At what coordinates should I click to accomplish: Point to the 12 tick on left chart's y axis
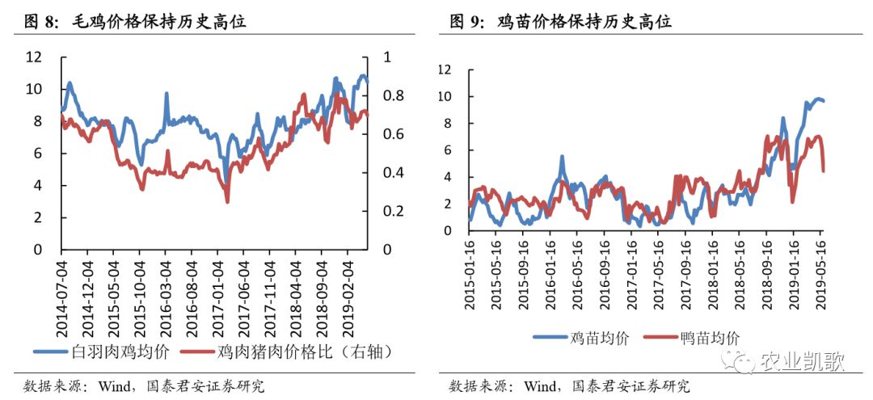click(34, 57)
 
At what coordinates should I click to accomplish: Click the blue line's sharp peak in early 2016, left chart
click(166, 94)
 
